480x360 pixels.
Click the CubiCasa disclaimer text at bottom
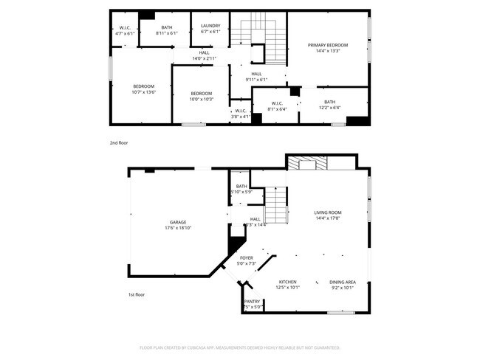[x=239, y=347]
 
